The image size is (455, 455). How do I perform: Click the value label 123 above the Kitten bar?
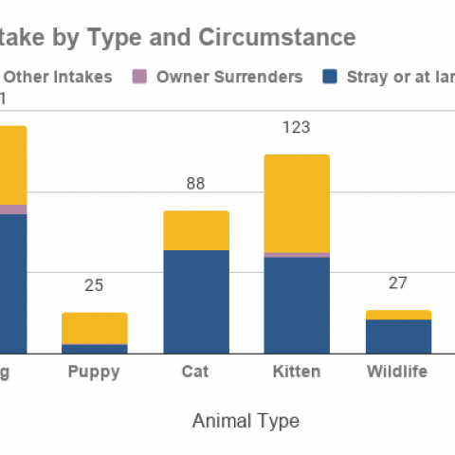point(297,127)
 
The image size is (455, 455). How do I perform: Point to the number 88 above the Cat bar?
point(195,184)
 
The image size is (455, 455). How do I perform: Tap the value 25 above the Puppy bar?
point(94,285)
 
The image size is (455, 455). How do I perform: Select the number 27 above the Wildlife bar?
point(398,282)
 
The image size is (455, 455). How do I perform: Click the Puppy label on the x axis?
point(94,372)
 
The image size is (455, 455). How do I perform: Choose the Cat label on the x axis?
point(195,372)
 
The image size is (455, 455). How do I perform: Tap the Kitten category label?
point(297,372)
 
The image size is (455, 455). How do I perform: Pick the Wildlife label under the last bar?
point(397,372)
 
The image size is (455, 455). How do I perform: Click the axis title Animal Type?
point(246,420)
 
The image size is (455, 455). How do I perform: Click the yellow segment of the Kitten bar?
point(297,203)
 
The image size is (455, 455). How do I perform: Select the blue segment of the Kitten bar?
point(297,304)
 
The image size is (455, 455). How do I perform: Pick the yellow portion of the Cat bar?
point(195,230)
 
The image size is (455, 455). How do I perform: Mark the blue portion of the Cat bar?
point(195,301)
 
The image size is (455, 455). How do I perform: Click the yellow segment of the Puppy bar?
point(94,328)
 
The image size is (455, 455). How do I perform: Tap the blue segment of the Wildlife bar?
point(398,337)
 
